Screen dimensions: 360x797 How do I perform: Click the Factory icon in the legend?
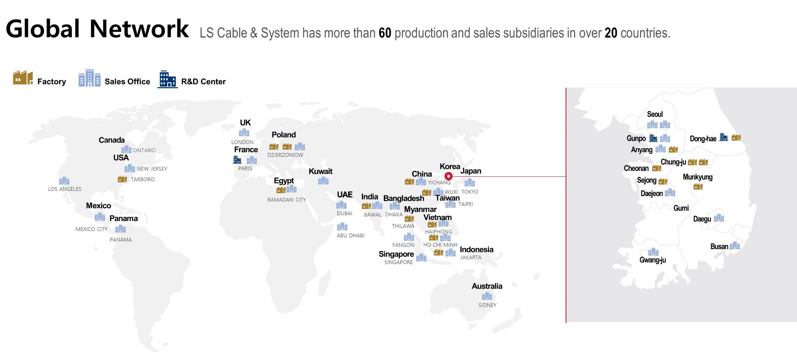point(23,78)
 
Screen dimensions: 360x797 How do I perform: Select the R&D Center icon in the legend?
point(167,79)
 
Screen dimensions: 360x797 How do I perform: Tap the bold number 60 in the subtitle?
point(385,33)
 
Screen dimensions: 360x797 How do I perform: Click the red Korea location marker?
point(448,176)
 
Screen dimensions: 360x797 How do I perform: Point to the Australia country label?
point(487,286)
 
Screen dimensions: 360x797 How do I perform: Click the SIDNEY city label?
point(487,305)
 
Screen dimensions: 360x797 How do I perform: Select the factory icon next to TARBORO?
point(122,179)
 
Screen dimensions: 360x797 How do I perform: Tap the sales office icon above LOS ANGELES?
point(64,180)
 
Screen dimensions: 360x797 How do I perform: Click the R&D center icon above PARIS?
point(237,160)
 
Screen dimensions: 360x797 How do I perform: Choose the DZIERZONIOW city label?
point(285,155)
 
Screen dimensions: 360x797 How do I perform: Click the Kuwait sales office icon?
point(323,180)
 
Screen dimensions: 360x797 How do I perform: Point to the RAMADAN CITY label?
point(286,200)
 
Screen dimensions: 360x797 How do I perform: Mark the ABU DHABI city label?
point(351,236)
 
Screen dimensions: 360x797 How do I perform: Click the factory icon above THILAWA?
point(409,219)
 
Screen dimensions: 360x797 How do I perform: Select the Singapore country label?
point(396,254)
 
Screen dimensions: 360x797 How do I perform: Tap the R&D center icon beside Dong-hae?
point(723,137)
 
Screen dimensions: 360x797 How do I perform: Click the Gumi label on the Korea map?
point(681,208)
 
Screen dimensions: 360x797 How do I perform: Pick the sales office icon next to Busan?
point(735,246)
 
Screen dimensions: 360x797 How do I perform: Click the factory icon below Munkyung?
point(698,186)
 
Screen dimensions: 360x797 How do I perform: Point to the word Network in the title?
point(139,29)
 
